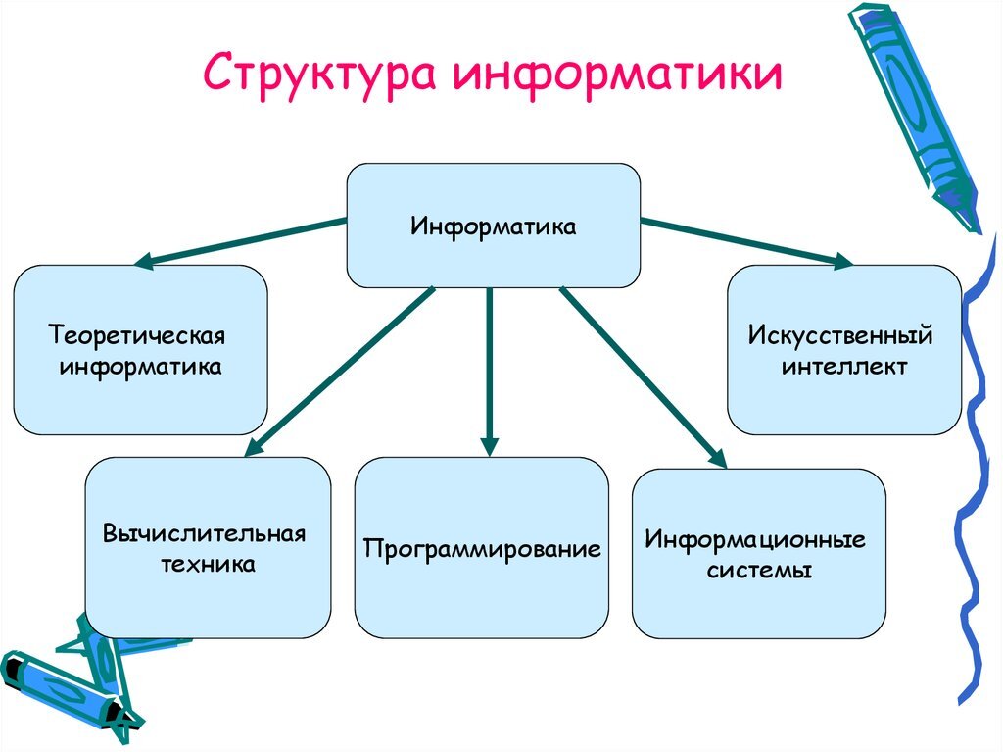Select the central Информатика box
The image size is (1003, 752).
[x=494, y=226]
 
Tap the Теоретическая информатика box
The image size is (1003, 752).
[x=140, y=350]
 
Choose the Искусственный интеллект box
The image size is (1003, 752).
[x=843, y=350]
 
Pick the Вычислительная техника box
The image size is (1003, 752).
[x=208, y=548]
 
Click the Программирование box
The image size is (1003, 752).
[x=481, y=548]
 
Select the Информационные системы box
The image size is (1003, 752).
[x=758, y=554]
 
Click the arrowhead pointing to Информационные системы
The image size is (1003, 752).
[x=718, y=457]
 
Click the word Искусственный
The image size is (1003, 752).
[x=840, y=337]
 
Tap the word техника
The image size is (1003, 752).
[x=207, y=565]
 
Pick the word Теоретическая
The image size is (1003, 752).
[x=137, y=336]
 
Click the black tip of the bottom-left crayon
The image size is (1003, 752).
[x=14, y=672]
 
